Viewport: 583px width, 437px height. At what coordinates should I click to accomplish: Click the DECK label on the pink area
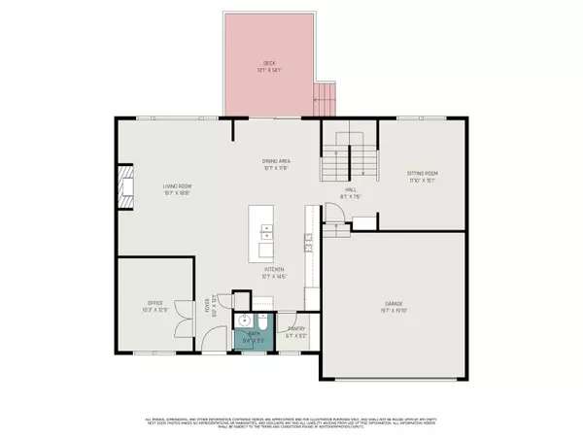point(269,63)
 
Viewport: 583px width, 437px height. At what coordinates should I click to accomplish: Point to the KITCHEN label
point(272,272)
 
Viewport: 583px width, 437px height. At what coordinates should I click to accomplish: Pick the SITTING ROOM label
point(423,173)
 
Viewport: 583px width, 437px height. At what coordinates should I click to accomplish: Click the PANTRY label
point(296,329)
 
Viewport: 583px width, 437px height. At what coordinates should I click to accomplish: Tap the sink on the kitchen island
point(266,232)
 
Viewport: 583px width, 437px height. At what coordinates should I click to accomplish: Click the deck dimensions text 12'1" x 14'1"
point(269,70)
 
